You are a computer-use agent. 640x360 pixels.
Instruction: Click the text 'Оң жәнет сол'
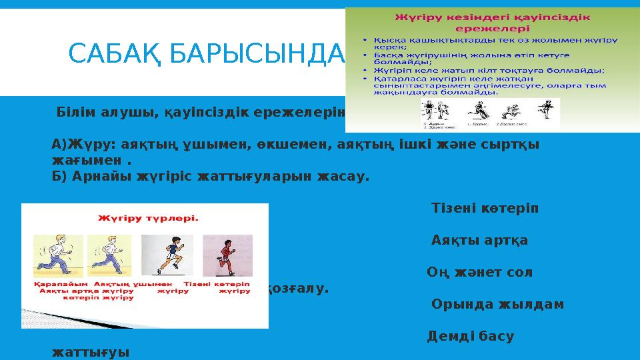click(x=479, y=272)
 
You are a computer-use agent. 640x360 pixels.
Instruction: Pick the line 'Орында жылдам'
click(x=497, y=304)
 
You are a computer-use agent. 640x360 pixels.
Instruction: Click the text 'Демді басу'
click(x=470, y=336)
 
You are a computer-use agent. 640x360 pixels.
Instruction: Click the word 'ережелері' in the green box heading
click(x=492, y=29)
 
